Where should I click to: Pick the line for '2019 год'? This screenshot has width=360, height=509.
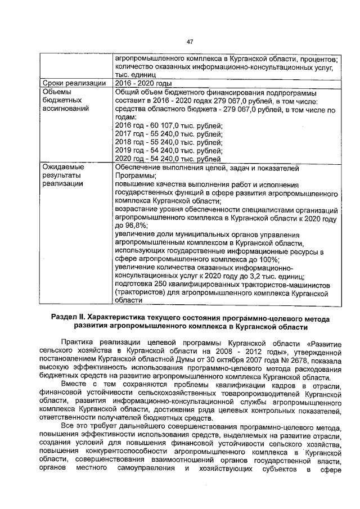tap(168, 151)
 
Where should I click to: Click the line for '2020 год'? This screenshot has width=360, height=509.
tap(168, 159)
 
